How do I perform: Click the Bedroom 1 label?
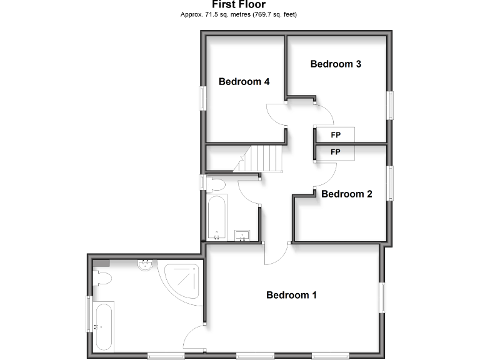coord(291,295)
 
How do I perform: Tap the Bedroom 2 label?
coord(346,194)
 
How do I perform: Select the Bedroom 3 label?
coord(336,64)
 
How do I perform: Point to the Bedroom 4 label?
coord(244,81)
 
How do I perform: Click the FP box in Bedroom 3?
coord(335,134)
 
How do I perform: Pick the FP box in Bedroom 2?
coord(335,152)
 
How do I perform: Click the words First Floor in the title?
coord(239,4)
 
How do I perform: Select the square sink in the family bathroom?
coord(242,235)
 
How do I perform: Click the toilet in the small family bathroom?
coord(216,184)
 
